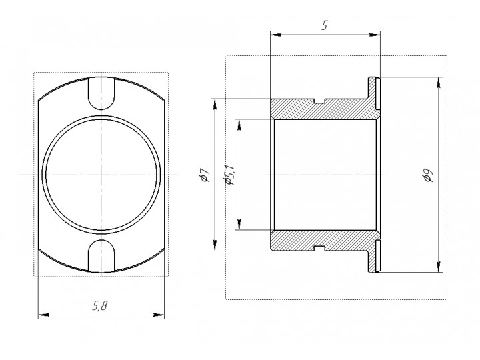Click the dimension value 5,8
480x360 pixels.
[100, 305]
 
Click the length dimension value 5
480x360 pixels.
[325, 25]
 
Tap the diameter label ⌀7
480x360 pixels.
[204, 175]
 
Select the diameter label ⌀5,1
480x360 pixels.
[229, 175]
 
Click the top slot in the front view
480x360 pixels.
[101, 93]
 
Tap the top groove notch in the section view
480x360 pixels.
[319, 101]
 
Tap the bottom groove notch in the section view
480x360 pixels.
[319, 248]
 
